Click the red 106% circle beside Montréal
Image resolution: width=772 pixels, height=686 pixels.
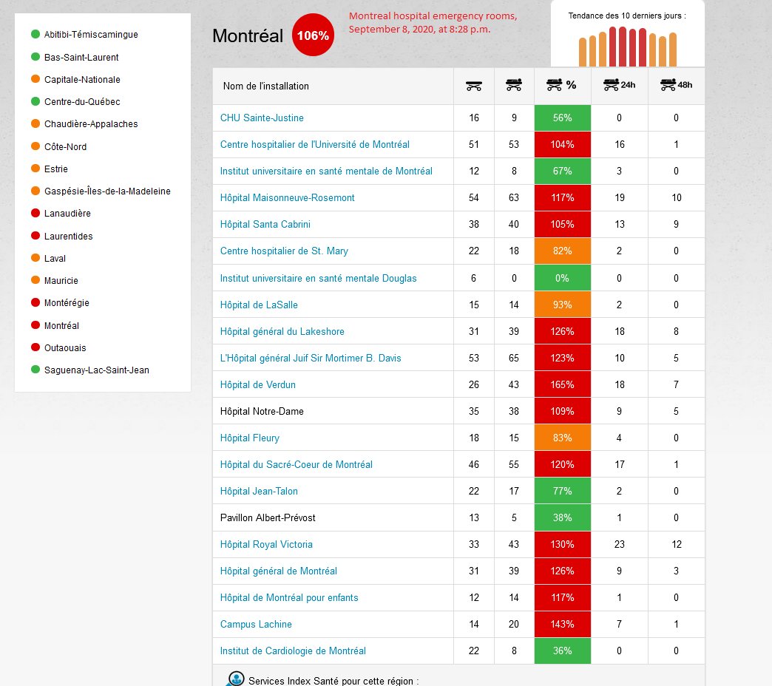pos(313,35)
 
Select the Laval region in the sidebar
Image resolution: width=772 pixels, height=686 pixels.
pos(55,259)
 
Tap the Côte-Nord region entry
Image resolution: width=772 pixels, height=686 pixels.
pos(65,147)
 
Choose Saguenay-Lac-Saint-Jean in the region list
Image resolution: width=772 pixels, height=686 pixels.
pos(96,370)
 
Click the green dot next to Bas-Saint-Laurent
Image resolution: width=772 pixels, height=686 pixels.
pos(35,57)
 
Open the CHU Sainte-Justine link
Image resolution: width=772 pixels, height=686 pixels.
pos(262,118)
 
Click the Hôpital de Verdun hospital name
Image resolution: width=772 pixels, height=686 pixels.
pos(258,385)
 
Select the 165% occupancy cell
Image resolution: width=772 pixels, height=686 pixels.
pos(562,385)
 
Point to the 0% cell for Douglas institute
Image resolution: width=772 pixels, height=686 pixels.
pos(562,279)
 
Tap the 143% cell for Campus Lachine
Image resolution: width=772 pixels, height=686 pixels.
pos(562,625)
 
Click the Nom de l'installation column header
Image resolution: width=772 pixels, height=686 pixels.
pos(266,86)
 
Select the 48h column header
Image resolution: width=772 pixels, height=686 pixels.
pos(677,85)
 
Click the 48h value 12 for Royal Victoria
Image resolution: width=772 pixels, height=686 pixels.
pos(677,545)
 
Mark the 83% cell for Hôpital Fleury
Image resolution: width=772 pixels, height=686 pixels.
pos(562,438)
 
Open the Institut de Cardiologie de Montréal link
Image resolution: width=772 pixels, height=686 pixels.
pos(293,651)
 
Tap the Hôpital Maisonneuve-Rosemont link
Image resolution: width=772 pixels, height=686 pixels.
pos(288,198)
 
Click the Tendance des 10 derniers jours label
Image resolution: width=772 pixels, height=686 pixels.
pos(626,16)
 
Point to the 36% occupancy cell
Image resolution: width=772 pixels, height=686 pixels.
pos(562,651)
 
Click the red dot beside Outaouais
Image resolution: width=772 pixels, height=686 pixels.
pos(35,347)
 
